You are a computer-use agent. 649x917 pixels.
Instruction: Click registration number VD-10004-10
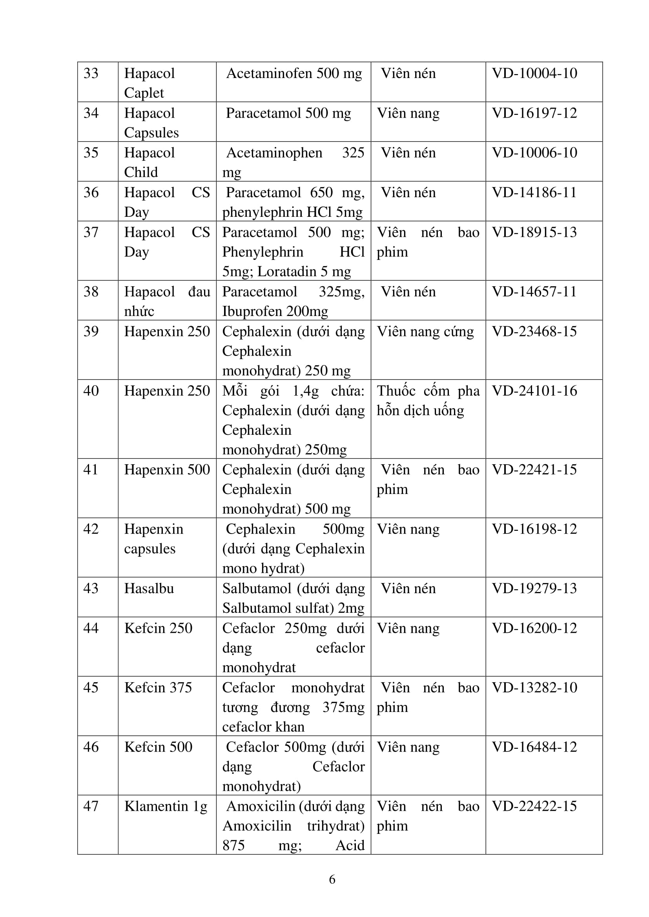tap(534, 73)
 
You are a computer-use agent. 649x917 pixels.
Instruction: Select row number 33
tap(91, 73)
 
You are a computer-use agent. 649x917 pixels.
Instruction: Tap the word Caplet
tap(144, 93)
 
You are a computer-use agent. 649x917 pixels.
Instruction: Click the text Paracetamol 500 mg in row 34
tap(288, 113)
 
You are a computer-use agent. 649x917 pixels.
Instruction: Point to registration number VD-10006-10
tap(534, 153)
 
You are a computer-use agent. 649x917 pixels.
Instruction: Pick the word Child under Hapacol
tap(141, 172)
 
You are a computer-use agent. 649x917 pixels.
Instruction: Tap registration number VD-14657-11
tap(534, 292)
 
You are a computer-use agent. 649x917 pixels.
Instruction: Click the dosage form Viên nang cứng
tap(425, 332)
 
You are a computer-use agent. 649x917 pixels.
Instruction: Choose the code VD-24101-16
tap(534, 390)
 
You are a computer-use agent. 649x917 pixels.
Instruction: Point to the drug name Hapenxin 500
tap(167, 470)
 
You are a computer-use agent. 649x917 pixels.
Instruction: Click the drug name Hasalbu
tap(149, 588)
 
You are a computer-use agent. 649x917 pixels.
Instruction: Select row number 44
tap(91, 628)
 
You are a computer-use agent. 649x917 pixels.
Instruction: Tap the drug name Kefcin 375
tap(158, 687)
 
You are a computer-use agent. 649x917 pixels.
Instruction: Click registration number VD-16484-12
tap(534, 747)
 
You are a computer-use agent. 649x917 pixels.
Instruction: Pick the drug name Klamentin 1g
tap(166, 806)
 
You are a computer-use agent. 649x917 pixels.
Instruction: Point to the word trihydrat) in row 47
tap(336, 826)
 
